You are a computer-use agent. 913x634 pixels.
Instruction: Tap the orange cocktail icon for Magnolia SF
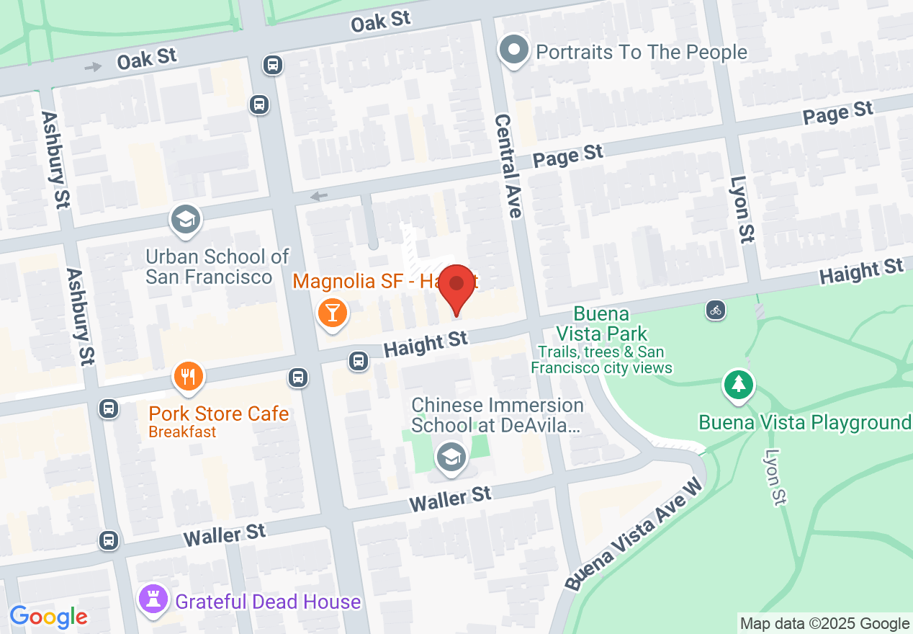tap(332, 313)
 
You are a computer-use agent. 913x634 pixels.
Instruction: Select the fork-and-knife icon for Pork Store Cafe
tap(188, 375)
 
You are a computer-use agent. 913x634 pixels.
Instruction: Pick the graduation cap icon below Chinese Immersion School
tap(451, 457)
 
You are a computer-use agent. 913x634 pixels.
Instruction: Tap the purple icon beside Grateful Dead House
tap(153, 599)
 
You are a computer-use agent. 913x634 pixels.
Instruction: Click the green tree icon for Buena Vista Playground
tap(738, 383)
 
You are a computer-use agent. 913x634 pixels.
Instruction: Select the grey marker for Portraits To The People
tap(514, 51)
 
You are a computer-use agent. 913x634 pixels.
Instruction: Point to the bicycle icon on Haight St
tap(715, 311)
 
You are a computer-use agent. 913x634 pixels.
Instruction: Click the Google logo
tap(48, 617)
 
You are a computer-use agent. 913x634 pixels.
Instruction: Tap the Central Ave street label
tap(508, 166)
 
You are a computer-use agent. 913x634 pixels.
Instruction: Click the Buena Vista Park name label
tap(601, 324)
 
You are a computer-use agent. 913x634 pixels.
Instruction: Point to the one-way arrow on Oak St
tap(94, 67)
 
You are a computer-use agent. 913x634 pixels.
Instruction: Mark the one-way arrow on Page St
tap(319, 196)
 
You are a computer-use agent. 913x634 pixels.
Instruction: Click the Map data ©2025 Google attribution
tap(825, 624)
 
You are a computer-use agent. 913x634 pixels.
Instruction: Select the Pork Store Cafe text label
tap(219, 414)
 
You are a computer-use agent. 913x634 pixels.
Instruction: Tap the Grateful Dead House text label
tap(268, 602)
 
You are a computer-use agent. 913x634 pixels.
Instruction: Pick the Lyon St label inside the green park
tap(774, 478)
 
